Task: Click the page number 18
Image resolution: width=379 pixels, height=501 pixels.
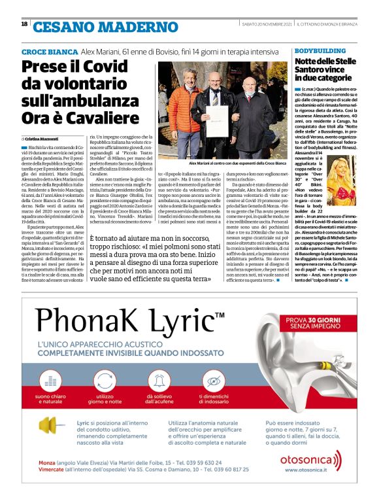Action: click(x=24, y=25)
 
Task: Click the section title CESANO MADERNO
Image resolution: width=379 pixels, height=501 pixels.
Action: click(x=97, y=27)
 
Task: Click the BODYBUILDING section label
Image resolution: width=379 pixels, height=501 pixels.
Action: click(x=316, y=50)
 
